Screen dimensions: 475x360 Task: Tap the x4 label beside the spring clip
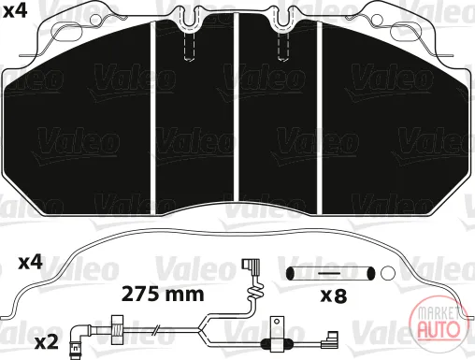click(x=31, y=263)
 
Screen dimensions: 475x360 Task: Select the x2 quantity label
click(x=47, y=342)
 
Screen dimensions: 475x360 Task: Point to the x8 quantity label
click(x=334, y=295)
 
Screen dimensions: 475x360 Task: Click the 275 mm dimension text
click(x=163, y=295)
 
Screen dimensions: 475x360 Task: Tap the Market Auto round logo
click(x=439, y=323)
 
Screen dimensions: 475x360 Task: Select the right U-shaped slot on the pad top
click(x=284, y=19)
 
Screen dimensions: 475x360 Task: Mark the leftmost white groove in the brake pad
click(x=152, y=118)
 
